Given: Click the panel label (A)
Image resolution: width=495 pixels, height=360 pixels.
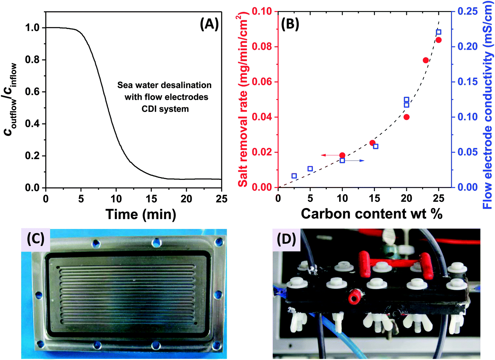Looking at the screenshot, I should pyautogui.click(x=209, y=24).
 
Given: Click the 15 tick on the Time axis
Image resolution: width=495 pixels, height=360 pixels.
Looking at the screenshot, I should pyautogui.click(x=151, y=199).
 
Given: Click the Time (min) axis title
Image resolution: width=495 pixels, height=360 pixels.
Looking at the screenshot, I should pyautogui.click(x=141, y=214).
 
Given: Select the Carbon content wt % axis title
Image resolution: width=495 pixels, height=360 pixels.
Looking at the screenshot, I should pyautogui.click(x=372, y=214).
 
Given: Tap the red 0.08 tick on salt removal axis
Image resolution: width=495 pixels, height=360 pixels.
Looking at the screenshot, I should pyautogui.click(x=262, y=46).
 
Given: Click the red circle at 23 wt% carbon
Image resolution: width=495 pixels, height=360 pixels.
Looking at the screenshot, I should pyautogui.click(x=426, y=61).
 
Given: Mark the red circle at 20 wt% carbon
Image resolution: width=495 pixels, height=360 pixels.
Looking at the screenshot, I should pyautogui.click(x=407, y=117).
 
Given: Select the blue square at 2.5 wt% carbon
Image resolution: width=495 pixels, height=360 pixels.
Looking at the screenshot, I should pyautogui.click(x=294, y=176).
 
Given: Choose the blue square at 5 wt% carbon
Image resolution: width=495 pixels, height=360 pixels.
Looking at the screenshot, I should pyautogui.click(x=310, y=169).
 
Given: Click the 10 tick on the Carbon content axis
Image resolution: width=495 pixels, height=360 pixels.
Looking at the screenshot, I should pyautogui.click(x=342, y=198).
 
